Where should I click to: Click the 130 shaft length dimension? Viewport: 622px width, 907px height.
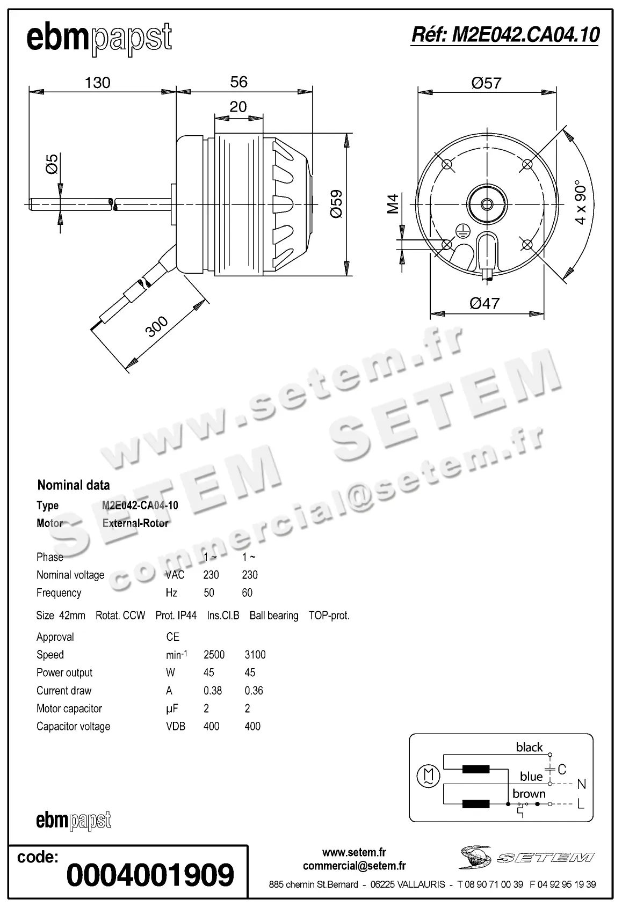click(x=97, y=83)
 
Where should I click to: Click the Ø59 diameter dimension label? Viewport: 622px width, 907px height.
click(x=336, y=203)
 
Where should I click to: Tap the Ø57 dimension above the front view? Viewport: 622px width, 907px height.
click(x=486, y=83)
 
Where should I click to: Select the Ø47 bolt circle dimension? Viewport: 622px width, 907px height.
click(x=484, y=303)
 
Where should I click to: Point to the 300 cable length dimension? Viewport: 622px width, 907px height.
click(x=157, y=327)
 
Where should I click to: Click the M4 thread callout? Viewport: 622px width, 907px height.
click(x=393, y=204)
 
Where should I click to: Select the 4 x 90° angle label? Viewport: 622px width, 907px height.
click(x=581, y=202)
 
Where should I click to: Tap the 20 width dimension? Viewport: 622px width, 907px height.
click(x=238, y=106)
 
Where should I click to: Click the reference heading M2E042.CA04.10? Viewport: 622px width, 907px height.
click(x=505, y=35)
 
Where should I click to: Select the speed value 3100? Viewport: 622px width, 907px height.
click(x=255, y=655)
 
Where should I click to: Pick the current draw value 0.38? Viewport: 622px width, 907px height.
click(x=213, y=691)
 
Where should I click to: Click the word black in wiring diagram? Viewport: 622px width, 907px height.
click(x=529, y=747)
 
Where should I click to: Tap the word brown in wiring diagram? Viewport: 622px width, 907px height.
click(x=529, y=793)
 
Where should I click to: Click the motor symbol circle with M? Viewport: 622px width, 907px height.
click(x=428, y=776)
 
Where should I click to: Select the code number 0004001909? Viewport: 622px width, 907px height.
click(x=150, y=875)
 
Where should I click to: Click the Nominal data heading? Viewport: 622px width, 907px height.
click(x=74, y=485)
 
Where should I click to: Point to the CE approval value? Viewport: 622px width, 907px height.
click(x=172, y=637)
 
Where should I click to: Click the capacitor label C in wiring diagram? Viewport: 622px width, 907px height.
click(x=562, y=770)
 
